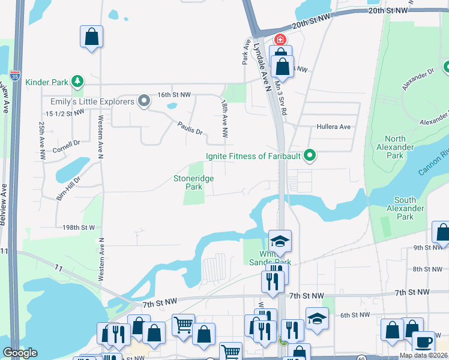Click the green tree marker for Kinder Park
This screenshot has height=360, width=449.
pyautogui.click(x=77, y=80)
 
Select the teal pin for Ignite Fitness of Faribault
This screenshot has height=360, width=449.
pyautogui.click(x=310, y=156)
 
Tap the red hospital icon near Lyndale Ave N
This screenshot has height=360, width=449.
pyautogui.click(x=280, y=39)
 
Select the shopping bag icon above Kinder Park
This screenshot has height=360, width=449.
pyautogui.click(x=91, y=37)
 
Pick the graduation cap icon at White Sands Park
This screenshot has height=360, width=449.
pyautogui.click(x=280, y=241)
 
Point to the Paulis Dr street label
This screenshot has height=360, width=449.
pyautogui.click(x=190, y=127)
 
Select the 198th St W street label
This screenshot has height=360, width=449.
pyautogui.click(x=79, y=227)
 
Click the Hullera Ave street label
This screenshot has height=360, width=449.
pyautogui.click(x=333, y=127)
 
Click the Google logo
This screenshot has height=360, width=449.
pyautogui.click(x=20, y=353)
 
